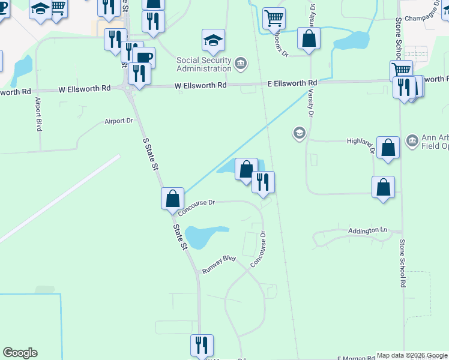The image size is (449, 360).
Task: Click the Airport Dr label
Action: point(118,121)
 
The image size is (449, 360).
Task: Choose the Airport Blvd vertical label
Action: point(38,114)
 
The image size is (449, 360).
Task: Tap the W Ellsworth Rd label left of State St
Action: point(85,88)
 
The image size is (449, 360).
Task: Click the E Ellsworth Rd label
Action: point(292,83)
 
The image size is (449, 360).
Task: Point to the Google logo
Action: point(20,353)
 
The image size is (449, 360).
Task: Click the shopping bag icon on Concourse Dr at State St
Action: point(172,197)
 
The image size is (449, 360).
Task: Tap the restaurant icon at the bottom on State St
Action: point(202,345)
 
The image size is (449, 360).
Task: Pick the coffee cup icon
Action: point(144,58)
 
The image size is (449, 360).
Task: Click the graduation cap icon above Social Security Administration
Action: point(213,40)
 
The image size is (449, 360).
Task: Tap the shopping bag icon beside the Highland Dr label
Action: point(388,147)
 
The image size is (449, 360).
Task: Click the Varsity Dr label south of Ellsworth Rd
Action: point(312,102)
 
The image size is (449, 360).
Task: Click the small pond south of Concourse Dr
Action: point(205,236)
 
